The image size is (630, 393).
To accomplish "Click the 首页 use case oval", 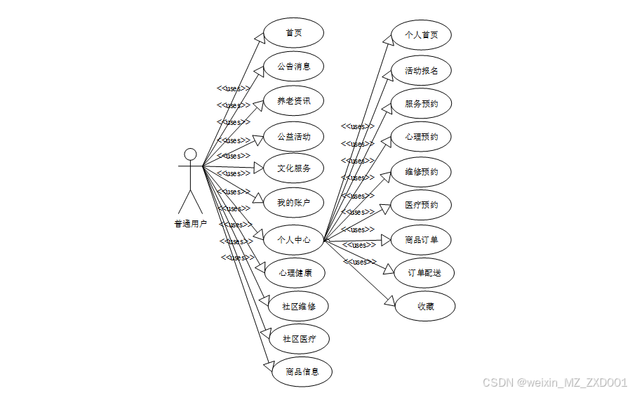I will [x=293, y=33].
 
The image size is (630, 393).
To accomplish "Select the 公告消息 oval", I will [x=293, y=67].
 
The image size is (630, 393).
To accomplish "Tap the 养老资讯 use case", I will [x=293, y=101].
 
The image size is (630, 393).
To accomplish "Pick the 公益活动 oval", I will [x=293, y=136].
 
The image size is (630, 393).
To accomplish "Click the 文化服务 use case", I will [x=293, y=168].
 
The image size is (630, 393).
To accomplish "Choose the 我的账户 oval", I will [x=293, y=203].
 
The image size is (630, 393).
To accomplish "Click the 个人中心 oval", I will [x=293, y=239].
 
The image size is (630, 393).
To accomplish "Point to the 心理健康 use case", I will [x=295, y=272].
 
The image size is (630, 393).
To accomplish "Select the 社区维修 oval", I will [x=299, y=306].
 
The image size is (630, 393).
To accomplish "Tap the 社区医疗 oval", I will [x=299, y=339].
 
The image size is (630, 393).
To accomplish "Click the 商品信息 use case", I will [x=302, y=372].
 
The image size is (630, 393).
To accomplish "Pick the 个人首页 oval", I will [x=421, y=34].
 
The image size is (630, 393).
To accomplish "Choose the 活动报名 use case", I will [x=421, y=70].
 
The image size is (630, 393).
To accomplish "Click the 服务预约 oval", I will [x=421, y=104].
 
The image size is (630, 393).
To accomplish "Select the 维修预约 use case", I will [x=421, y=172].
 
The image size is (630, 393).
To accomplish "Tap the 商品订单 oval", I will [x=421, y=240].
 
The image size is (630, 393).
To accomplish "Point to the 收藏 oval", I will [x=425, y=306].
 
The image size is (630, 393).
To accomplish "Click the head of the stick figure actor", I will [x=189, y=154].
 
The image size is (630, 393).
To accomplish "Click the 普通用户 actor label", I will [x=190, y=225].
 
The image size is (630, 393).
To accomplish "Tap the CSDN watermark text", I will [x=554, y=382].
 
